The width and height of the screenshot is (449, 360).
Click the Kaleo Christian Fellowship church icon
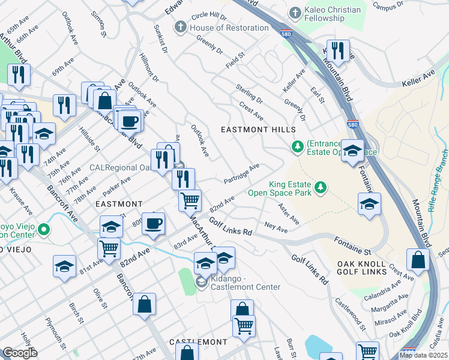(295, 12)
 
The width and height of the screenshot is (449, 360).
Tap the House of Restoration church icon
(180, 28)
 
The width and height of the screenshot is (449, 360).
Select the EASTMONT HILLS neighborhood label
(258, 130)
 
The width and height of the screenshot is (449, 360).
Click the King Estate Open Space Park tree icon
(322, 188)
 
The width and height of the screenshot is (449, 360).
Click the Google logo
(19, 353)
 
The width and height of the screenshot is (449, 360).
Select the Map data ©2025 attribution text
(423, 355)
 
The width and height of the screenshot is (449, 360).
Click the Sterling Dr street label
(249, 93)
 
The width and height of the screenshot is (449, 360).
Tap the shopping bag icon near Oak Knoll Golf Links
(417, 259)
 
